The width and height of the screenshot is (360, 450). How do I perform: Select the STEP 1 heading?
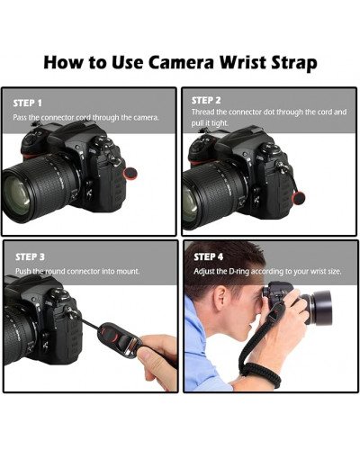28,103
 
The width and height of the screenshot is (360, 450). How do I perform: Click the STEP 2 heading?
207,99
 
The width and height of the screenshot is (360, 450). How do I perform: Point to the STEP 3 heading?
30,256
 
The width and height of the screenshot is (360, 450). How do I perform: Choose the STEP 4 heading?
209,256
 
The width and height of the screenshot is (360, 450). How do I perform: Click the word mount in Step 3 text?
126,271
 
